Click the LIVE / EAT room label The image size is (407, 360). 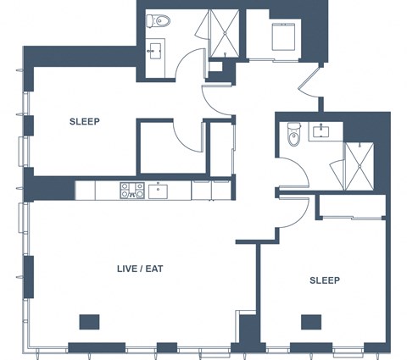(140, 269)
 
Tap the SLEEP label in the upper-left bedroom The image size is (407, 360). (85, 122)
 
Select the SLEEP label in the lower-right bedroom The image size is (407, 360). (325, 280)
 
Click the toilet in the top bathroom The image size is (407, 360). (159, 21)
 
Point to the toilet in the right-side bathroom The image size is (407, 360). (293, 135)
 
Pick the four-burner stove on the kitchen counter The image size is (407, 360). (132, 190)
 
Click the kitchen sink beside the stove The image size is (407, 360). (158, 191)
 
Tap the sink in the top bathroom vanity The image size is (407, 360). (155, 51)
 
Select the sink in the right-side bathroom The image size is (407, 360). (321, 131)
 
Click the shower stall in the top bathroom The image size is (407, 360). (225, 33)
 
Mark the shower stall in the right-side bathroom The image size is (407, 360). (360, 167)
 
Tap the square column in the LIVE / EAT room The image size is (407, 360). (89, 322)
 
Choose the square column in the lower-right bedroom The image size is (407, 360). (311, 322)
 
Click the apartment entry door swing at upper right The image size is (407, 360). (310, 81)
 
